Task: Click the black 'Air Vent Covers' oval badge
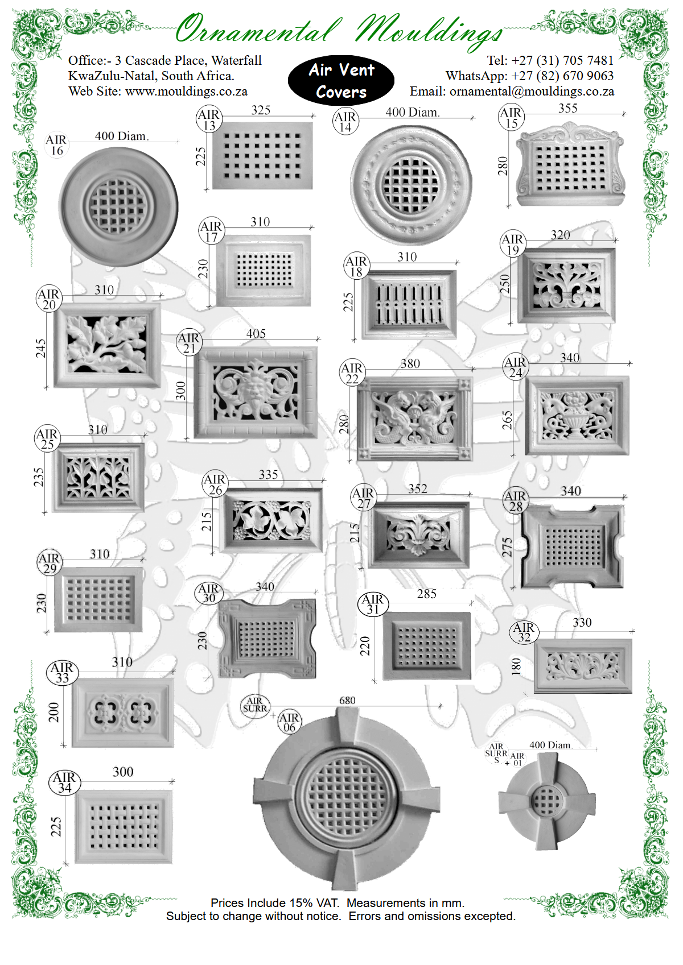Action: tap(341, 81)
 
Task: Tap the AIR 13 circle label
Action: tap(209, 119)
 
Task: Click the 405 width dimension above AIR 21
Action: tap(256, 333)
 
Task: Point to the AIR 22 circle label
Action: tap(352, 372)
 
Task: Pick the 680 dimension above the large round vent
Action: tap(347, 701)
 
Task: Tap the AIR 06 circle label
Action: tap(289, 722)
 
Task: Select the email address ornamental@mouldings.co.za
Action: tap(532, 92)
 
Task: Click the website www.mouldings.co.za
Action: tap(186, 92)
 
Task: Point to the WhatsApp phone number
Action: tap(562, 76)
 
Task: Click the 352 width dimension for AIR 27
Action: tap(417, 488)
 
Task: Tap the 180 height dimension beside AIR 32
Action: tap(516, 666)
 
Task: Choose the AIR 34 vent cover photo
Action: tap(124, 827)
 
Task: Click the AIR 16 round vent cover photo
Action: tap(118, 207)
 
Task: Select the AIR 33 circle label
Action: tap(63, 673)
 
